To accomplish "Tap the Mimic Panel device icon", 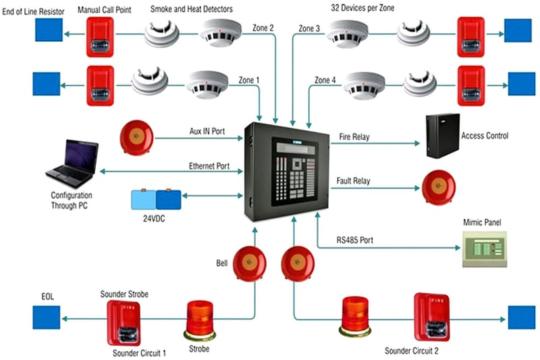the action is pyautogui.click(x=484, y=249).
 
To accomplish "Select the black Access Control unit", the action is pyautogui.click(x=443, y=136).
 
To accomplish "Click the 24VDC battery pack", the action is pyautogui.click(x=156, y=199).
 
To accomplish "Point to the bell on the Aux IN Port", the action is pyautogui.click(x=137, y=138).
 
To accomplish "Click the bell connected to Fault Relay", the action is pyautogui.click(x=439, y=187).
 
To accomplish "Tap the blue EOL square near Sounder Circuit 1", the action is pyautogui.click(x=47, y=317).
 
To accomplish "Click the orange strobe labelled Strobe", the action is pyautogui.click(x=200, y=321).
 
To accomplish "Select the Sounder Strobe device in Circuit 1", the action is pyautogui.click(x=124, y=323).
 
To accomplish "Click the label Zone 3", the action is pyautogui.click(x=309, y=28).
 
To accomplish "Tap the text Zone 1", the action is pyautogui.click(x=248, y=80).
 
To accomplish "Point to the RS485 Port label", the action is pyautogui.click(x=354, y=240).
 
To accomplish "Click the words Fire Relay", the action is pyautogui.click(x=354, y=136).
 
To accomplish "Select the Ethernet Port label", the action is pyautogui.click(x=209, y=166).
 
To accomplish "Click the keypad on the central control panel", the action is pyautogui.click(x=296, y=179).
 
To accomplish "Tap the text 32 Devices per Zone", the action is pyautogui.click(x=362, y=7).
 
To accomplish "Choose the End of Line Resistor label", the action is pyautogui.click(x=33, y=11).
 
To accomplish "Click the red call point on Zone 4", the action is pyautogui.click(x=471, y=86).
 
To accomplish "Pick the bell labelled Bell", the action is pyautogui.click(x=249, y=263).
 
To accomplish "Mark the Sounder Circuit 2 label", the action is pyautogui.click(x=412, y=351).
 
